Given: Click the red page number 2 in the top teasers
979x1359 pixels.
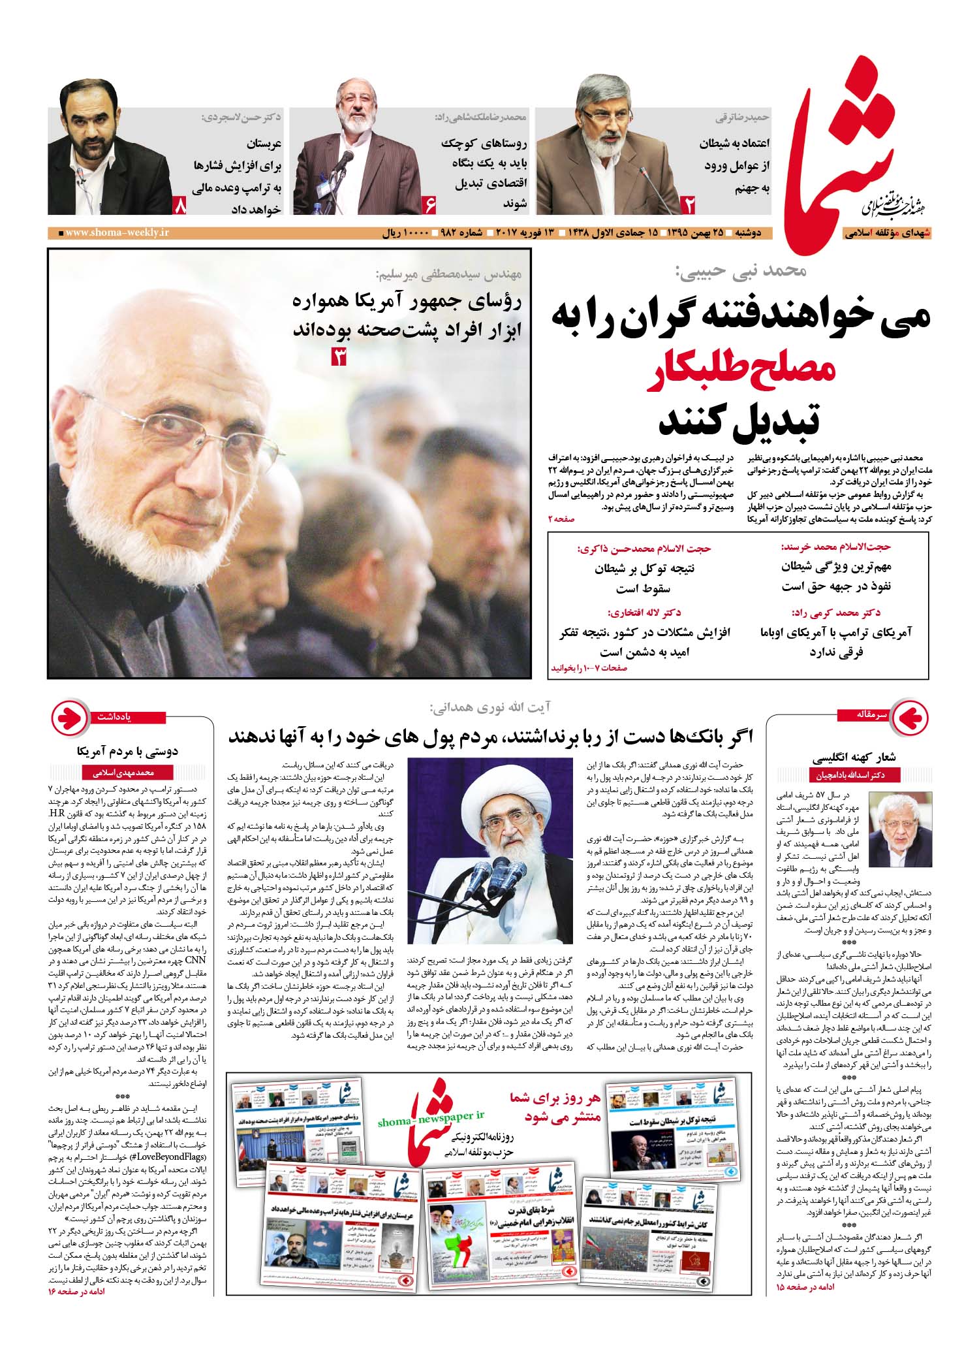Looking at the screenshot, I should point(691,205).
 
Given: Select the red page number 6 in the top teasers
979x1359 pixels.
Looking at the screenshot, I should point(430,205).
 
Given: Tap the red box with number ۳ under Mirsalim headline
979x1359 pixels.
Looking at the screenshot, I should point(339,357).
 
